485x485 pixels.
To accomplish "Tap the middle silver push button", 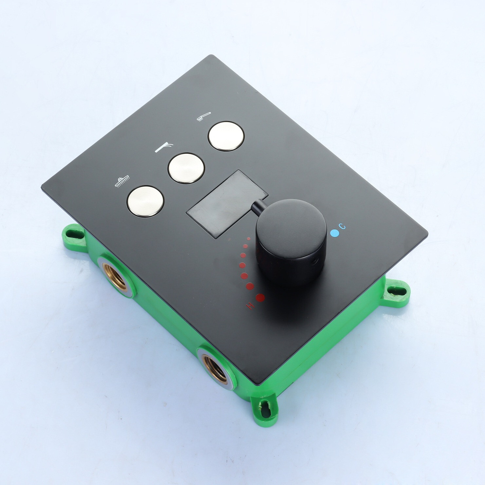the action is pos(186,168).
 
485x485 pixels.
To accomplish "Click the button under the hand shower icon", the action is pos(226,136).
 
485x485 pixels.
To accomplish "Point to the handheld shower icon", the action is pos(204,116).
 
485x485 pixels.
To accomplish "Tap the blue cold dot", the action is pos(334,233).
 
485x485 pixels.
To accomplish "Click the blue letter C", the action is pos(342,226).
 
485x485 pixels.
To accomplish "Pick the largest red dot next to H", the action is pos(260,298).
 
